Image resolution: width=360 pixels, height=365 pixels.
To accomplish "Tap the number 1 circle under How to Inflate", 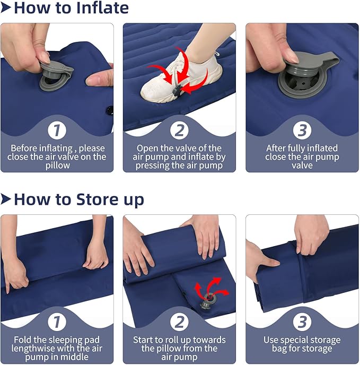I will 57,131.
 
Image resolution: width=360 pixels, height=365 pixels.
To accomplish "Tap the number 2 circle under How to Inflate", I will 180,131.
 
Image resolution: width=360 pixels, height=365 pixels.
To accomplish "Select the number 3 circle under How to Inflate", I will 302,131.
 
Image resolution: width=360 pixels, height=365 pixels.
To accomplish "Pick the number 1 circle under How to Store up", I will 57,322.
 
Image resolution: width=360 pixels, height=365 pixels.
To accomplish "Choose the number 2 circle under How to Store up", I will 180,322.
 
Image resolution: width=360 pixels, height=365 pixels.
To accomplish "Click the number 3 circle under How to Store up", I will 302,322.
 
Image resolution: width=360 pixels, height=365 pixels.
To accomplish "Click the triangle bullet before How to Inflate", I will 6,8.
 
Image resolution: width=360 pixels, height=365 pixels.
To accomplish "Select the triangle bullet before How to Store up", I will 6,199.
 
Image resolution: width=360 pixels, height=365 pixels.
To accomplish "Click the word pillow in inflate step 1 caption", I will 57,166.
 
